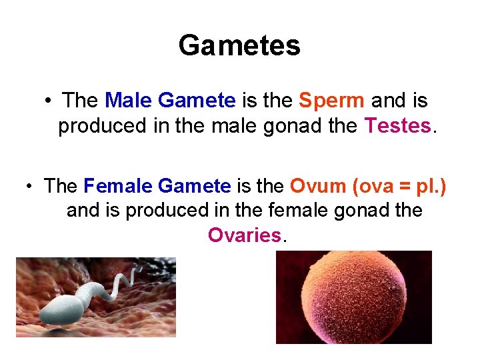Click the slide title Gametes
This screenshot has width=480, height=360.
click(x=239, y=46)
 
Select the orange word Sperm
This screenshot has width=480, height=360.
click(x=331, y=101)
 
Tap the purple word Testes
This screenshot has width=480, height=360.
click(x=398, y=126)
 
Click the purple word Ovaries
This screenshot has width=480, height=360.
click(x=244, y=235)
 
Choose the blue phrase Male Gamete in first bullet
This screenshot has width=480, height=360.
click(x=170, y=101)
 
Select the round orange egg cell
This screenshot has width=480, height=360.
click(x=353, y=297)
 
